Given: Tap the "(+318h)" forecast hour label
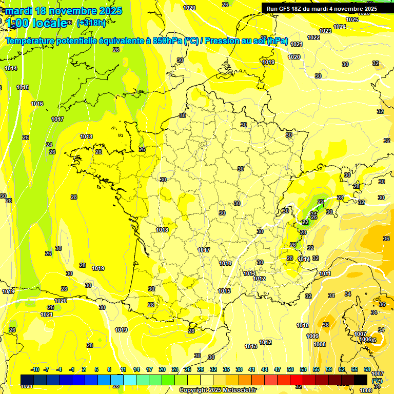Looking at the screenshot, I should [92, 23].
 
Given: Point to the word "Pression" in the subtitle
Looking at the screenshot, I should [224, 42].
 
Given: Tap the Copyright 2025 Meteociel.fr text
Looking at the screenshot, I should [218, 390].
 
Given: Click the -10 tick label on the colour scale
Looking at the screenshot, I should [35, 369].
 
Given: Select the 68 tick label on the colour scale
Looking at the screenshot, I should [367, 369].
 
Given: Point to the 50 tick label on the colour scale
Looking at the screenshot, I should [290, 369].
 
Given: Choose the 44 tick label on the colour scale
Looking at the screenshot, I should [265, 369].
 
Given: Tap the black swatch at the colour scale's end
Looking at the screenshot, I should [361, 380].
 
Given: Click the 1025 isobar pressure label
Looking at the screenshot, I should [352, 19].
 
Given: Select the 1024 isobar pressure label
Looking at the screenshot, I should [340, 27].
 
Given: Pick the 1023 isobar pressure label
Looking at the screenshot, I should [325, 31].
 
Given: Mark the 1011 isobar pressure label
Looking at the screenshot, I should [325, 273].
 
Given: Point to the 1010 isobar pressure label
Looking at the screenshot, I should [303, 325].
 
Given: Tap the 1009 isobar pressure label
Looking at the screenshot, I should [312, 336].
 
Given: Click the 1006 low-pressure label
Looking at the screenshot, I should [365, 340].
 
